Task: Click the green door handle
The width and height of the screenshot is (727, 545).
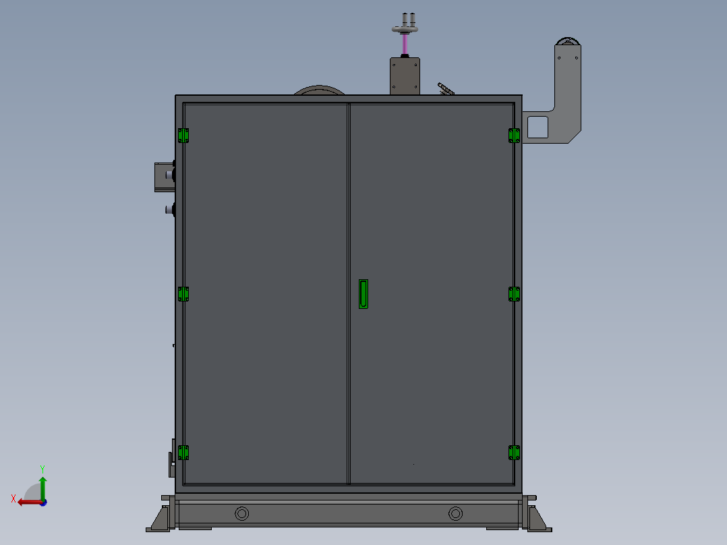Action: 363,294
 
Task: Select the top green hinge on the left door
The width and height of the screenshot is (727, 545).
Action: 183,136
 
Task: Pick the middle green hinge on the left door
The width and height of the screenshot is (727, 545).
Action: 183,294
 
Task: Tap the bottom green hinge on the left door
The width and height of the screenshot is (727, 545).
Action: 183,453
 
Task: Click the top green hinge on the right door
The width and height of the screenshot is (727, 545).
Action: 514,136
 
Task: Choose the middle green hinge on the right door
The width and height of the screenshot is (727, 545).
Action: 514,294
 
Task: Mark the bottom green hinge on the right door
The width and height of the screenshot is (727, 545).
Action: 514,453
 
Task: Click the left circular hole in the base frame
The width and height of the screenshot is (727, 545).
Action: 242,513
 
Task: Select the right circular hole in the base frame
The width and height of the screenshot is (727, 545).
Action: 456,513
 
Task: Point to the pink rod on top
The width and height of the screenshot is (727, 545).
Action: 405,44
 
